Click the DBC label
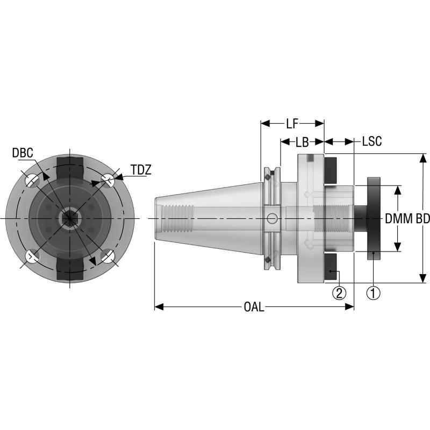click(23, 154)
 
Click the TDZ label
click(140, 170)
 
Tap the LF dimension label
click(292, 124)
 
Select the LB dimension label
click(302, 142)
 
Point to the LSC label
click(371, 142)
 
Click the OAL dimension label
click(254, 307)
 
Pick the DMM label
click(398, 219)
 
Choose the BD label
click(422, 219)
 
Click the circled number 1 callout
click(373, 293)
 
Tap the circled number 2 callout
click(339, 293)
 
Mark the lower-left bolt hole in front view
click(32, 256)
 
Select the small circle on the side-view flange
click(273, 219)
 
